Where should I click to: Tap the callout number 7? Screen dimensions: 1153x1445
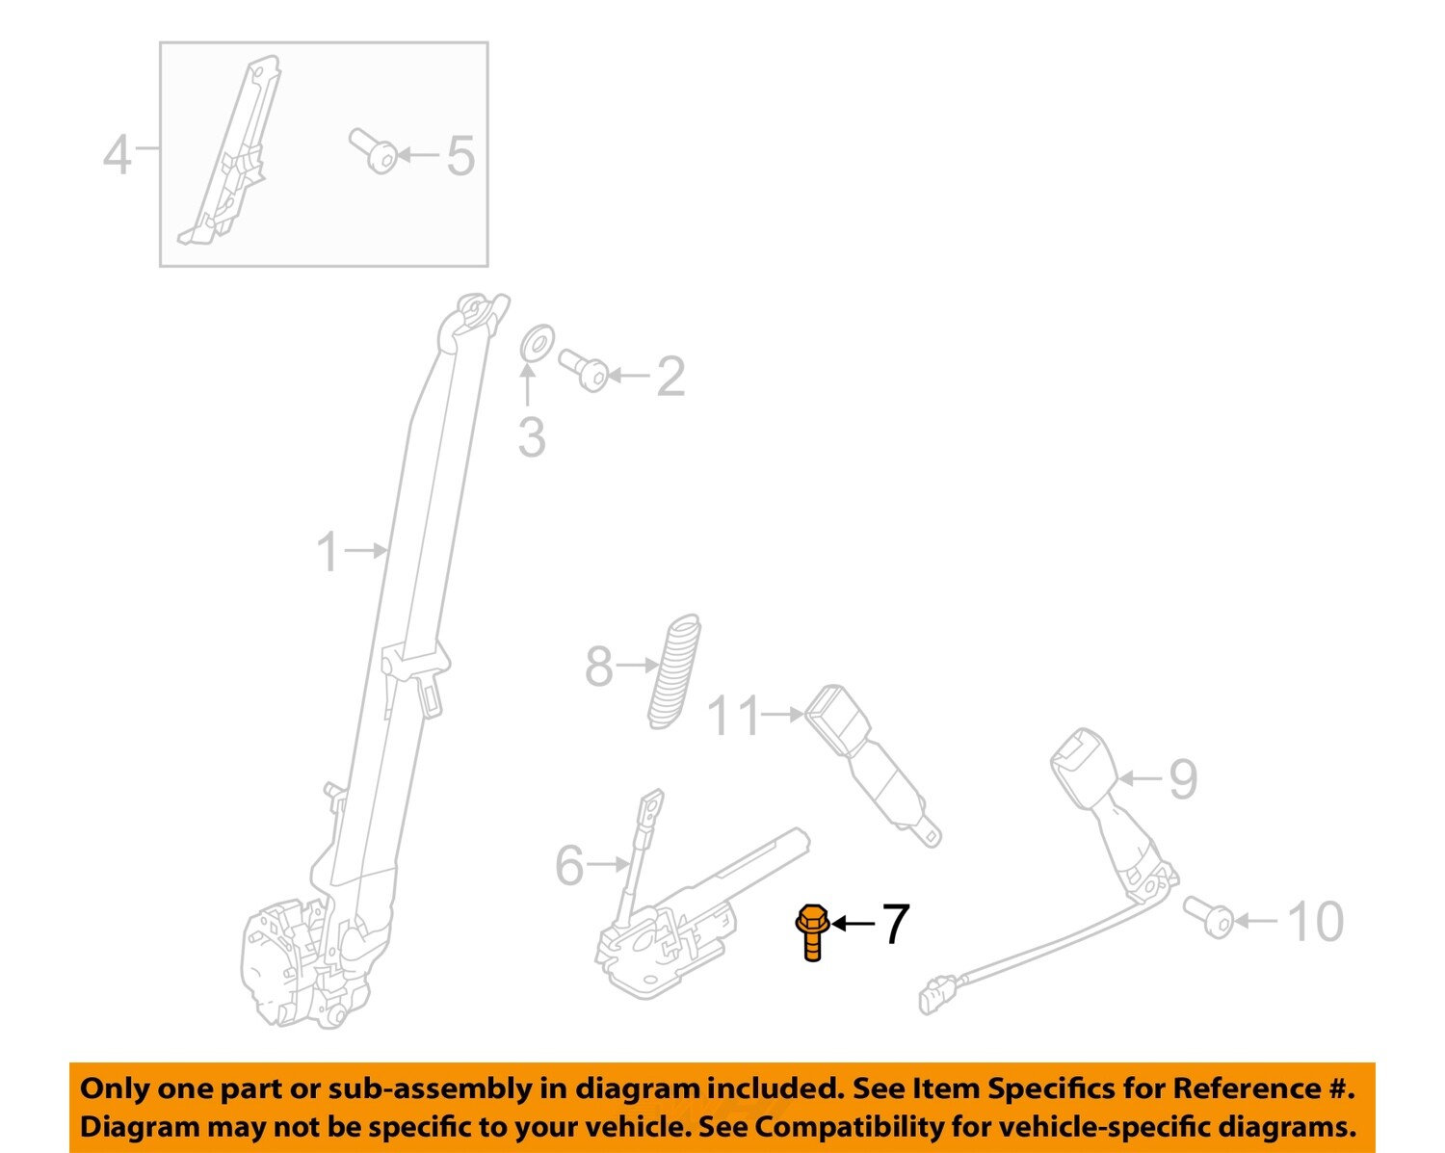895,925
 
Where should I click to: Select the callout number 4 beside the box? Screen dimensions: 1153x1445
117,154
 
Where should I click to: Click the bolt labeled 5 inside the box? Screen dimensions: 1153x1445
374,151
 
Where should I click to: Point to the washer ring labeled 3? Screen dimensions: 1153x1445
537,343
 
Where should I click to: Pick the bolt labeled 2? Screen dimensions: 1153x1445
584,370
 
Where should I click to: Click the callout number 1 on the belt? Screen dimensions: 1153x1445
328,552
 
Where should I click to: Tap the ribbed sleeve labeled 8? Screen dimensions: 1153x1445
673,671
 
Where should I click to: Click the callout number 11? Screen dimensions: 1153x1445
733,717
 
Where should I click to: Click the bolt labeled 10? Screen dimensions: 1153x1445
1208,916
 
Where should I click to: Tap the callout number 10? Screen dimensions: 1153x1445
1315,922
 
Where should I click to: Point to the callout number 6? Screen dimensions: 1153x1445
569,865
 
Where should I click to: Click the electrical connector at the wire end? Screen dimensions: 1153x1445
936,993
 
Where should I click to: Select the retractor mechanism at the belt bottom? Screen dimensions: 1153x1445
289,963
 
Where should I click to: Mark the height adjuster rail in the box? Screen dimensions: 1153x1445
229,154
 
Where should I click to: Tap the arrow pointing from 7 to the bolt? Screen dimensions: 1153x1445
854,924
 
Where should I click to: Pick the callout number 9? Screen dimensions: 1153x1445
1182,778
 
